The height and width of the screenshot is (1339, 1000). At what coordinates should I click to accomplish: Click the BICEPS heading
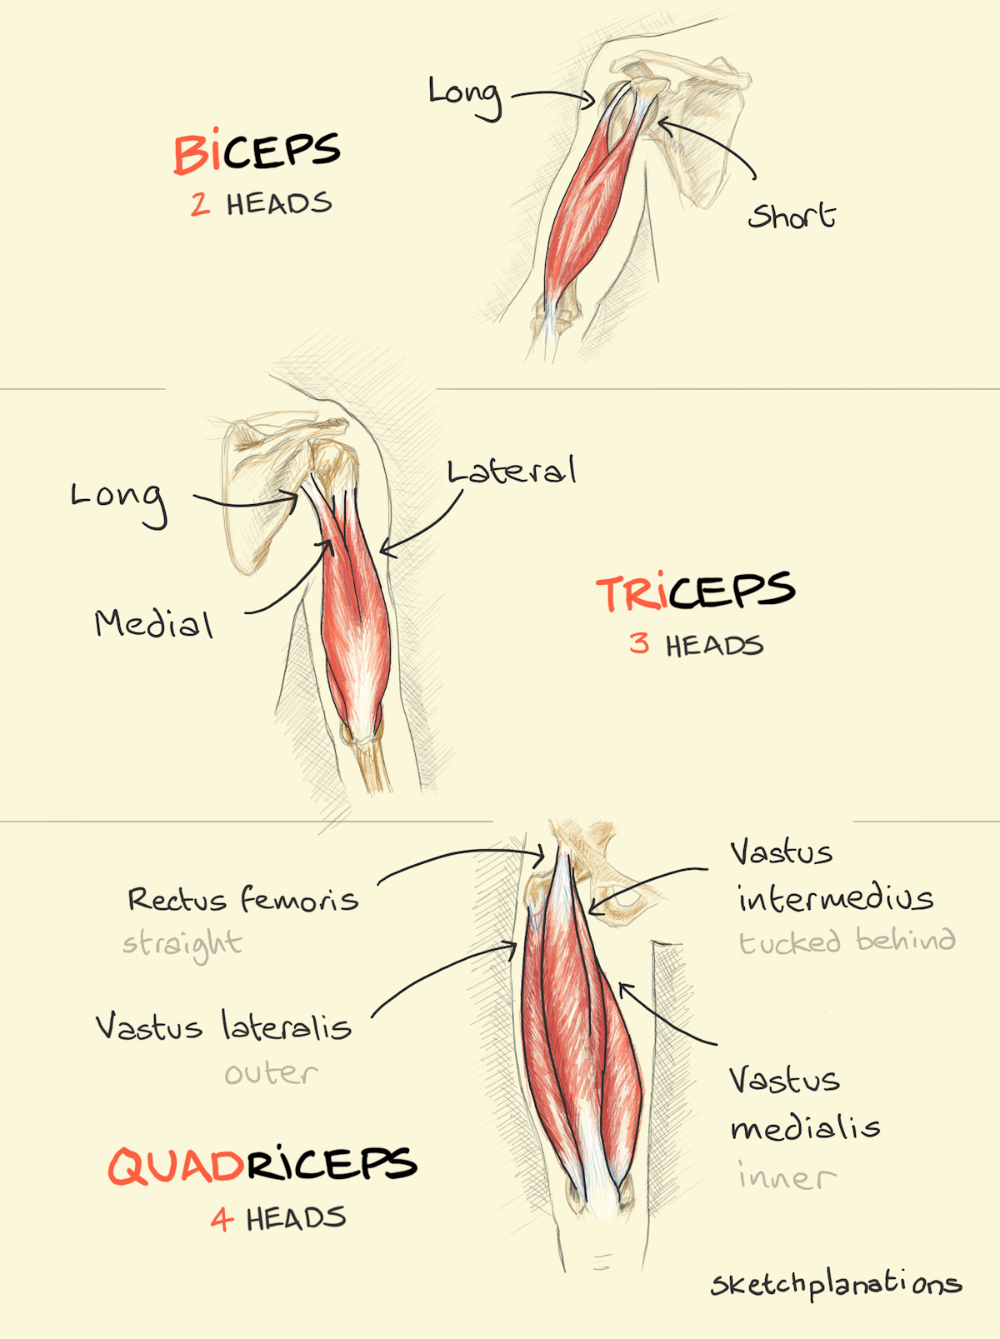[257, 152]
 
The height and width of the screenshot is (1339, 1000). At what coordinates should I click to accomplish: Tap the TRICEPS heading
[696, 591]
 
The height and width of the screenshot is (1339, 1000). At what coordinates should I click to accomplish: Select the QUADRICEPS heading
[262, 1165]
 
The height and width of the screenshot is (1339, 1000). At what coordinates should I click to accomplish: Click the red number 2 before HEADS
[200, 204]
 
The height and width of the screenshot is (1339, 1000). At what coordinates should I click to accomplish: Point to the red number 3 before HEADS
[639, 643]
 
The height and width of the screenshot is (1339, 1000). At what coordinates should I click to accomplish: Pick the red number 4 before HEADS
[222, 1219]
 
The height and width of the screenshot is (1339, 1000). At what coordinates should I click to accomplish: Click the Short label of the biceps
[792, 215]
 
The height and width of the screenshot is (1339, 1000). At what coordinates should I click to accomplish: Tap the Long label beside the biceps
[465, 97]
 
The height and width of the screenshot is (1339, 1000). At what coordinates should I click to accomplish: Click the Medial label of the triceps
[154, 624]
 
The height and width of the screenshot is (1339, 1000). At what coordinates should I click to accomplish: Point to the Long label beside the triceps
[119, 504]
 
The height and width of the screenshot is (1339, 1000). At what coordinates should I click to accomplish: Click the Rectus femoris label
[242, 898]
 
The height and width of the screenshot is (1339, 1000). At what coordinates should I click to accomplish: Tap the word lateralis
[287, 1026]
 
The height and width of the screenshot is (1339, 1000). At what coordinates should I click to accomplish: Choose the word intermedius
[836, 898]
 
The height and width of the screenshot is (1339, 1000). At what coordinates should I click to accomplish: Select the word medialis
[806, 1127]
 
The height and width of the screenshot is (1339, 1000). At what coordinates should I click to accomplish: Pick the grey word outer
[272, 1074]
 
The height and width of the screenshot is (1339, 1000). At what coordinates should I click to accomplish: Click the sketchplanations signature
[837, 1283]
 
